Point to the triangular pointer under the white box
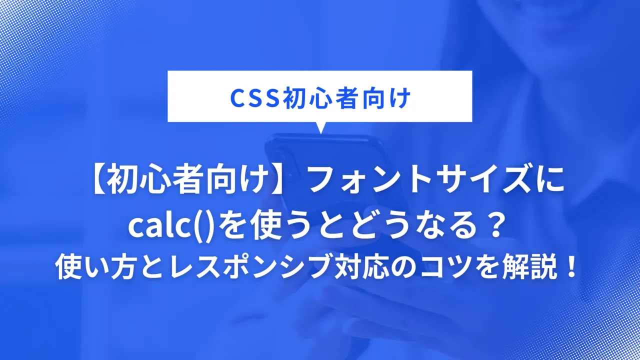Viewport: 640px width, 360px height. pyautogui.click(x=320, y=127)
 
